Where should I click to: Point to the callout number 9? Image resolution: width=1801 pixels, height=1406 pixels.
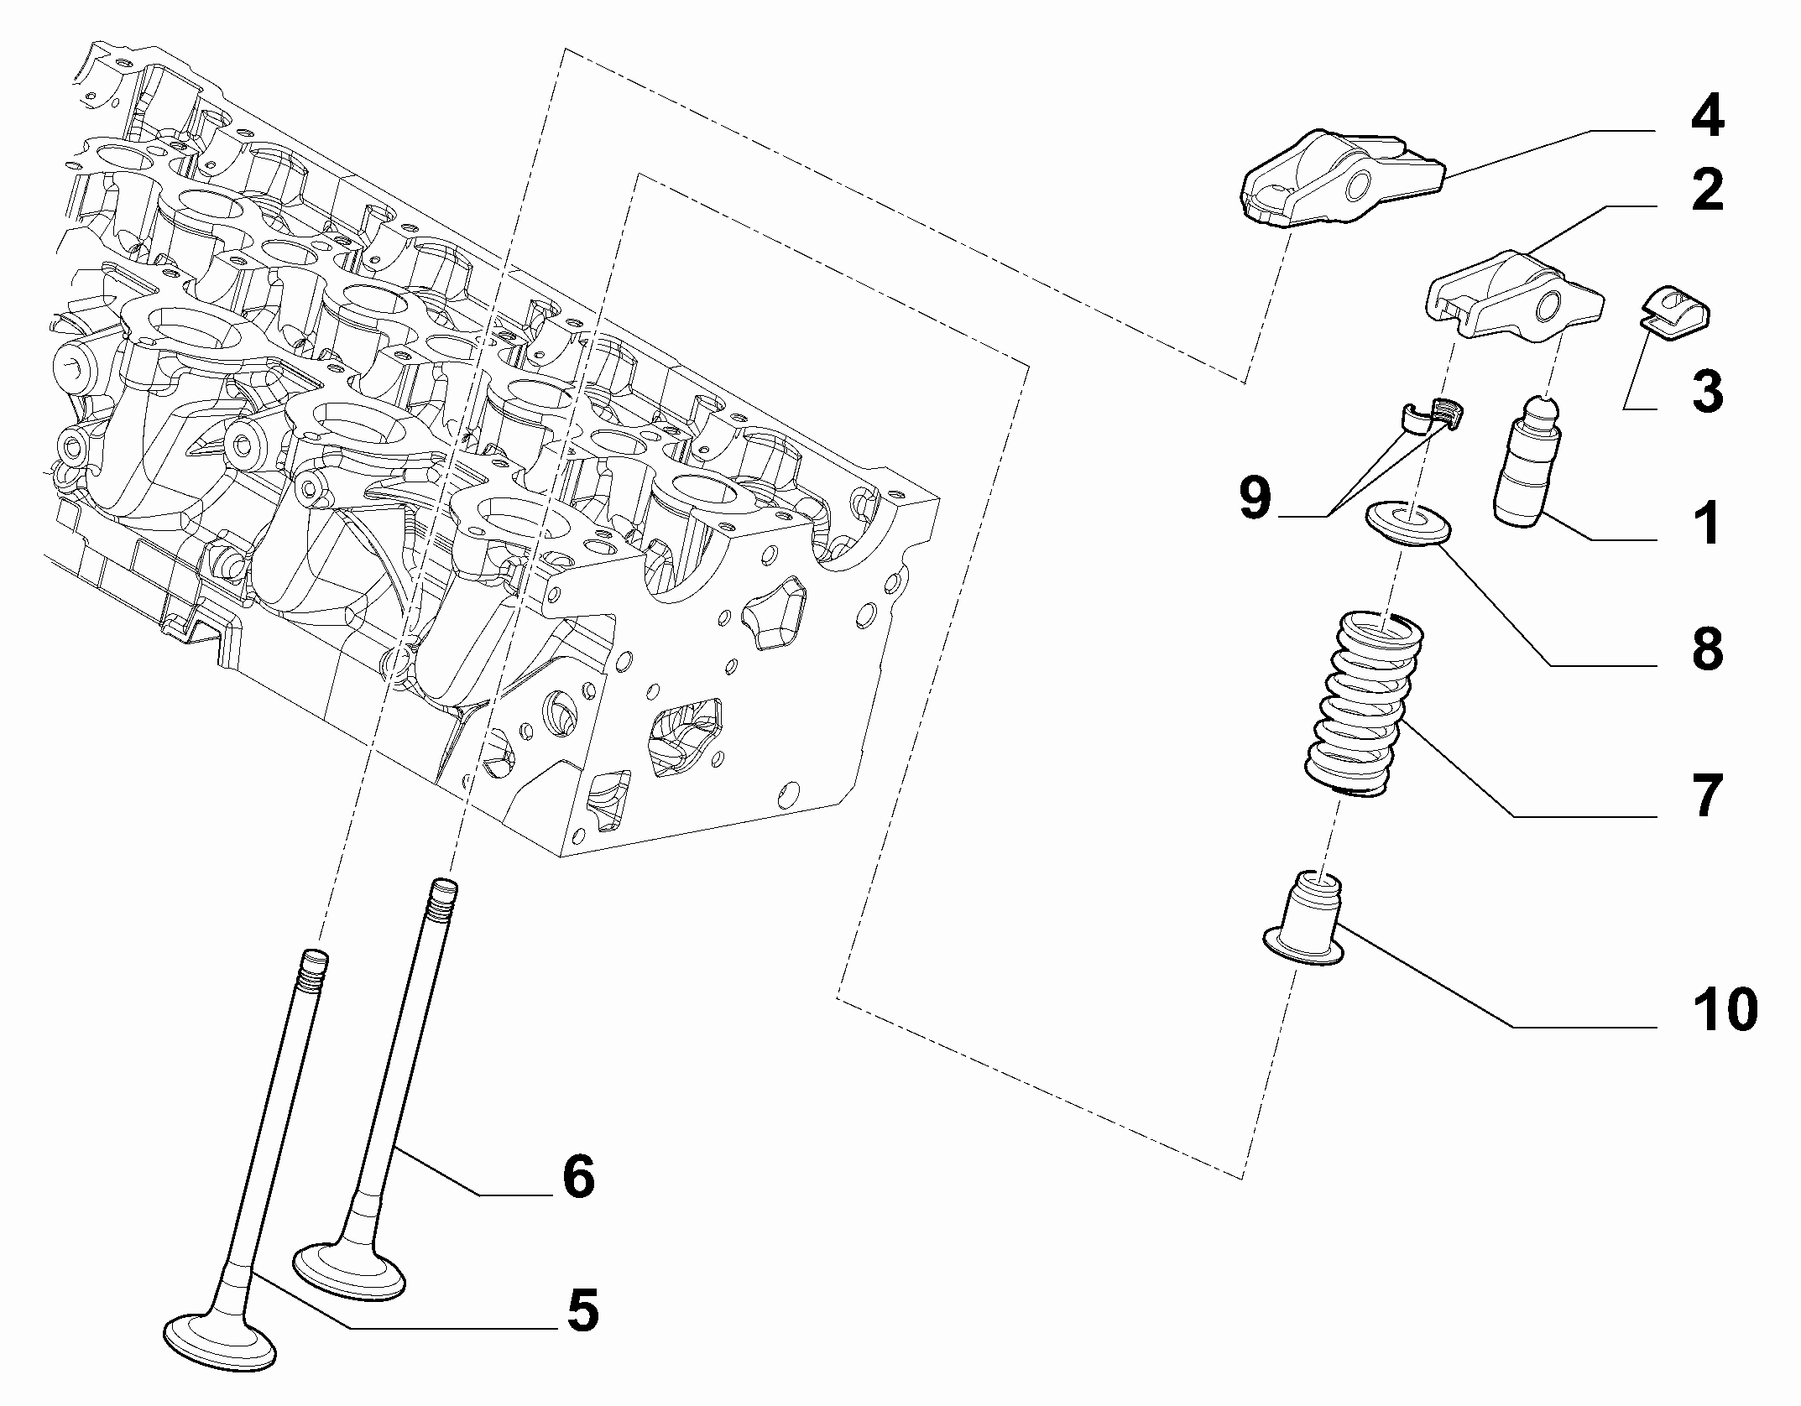point(1255,499)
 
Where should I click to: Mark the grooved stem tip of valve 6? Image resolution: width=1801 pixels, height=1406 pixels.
point(443,899)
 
